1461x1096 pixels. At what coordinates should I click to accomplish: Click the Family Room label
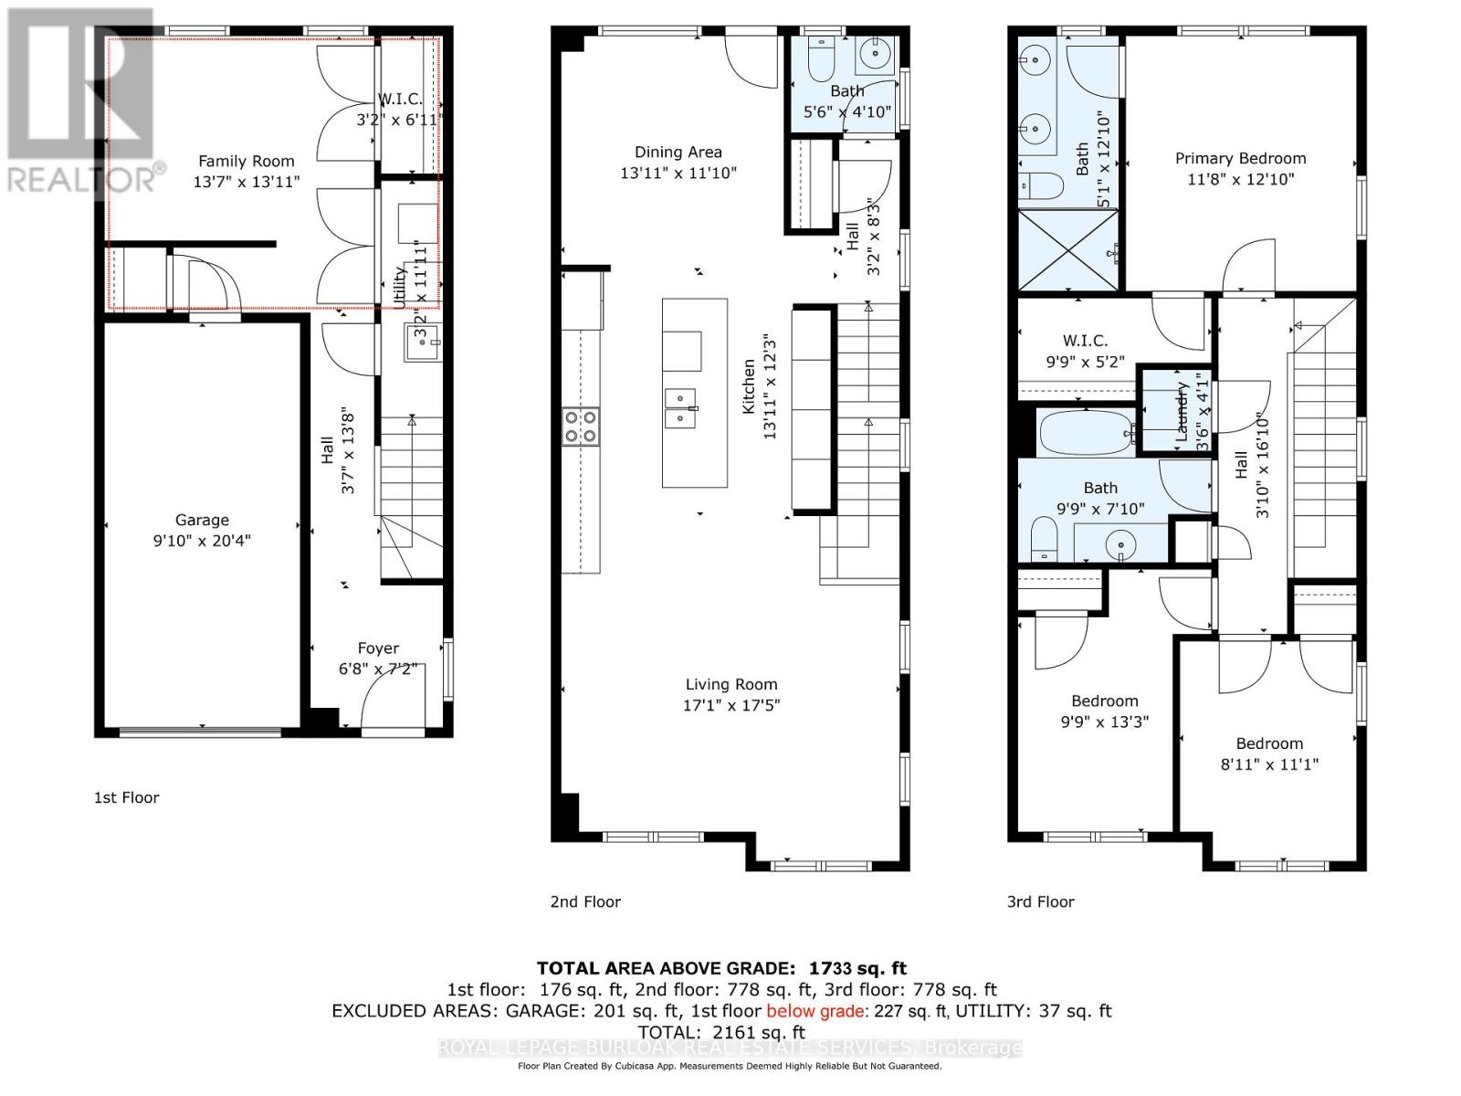(247, 162)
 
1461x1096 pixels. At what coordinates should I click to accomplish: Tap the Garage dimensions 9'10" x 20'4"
(202, 541)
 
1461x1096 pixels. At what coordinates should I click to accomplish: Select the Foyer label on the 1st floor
(378, 648)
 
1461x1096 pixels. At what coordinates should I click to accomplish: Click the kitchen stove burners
(582, 426)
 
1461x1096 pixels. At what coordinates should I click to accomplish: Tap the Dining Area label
(678, 153)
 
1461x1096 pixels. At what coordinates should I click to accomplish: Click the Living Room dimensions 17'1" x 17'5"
(731, 705)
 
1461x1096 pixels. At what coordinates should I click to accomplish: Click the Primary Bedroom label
(1240, 158)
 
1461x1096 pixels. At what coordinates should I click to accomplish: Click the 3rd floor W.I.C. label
(1085, 341)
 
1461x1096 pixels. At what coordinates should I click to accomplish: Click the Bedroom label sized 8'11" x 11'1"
(1269, 743)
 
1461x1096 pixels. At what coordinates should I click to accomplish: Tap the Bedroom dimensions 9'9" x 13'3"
(1104, 722)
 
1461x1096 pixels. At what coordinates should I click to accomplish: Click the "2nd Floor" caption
(585, 901)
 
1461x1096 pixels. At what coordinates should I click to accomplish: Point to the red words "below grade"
(817, 1011)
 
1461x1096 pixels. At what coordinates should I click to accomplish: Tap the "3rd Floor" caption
(1040, 901)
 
